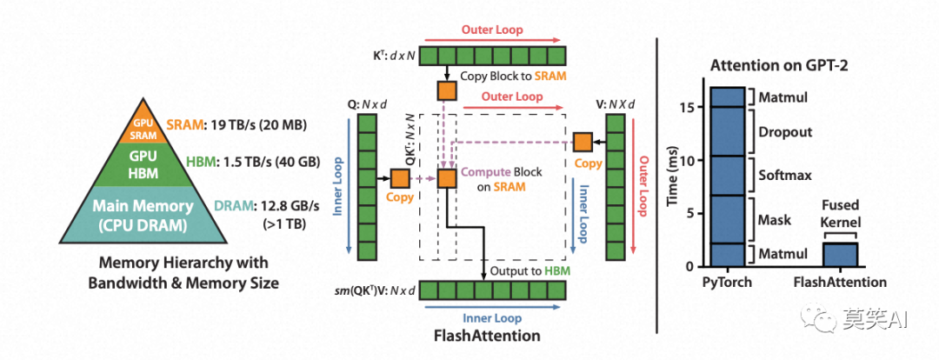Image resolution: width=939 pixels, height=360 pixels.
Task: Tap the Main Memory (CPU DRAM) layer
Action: pos(143,216)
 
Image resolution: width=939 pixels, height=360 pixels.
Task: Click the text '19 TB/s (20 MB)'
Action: pos(256,125)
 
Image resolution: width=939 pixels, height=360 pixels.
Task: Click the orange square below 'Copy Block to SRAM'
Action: pos(447,90)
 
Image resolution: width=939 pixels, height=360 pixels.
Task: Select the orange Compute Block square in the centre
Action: pos(447,178)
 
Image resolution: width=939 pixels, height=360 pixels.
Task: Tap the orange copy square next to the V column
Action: pos(583,142)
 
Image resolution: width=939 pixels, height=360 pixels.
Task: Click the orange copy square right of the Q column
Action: pos(399,178)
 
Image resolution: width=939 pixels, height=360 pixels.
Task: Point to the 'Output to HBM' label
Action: pos(530,270)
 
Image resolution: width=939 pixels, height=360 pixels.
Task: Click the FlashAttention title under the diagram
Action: pos(486,335)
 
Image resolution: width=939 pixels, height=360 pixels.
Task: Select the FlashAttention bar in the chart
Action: pos(840,255)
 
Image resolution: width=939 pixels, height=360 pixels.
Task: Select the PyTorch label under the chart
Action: pos(728,282)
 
